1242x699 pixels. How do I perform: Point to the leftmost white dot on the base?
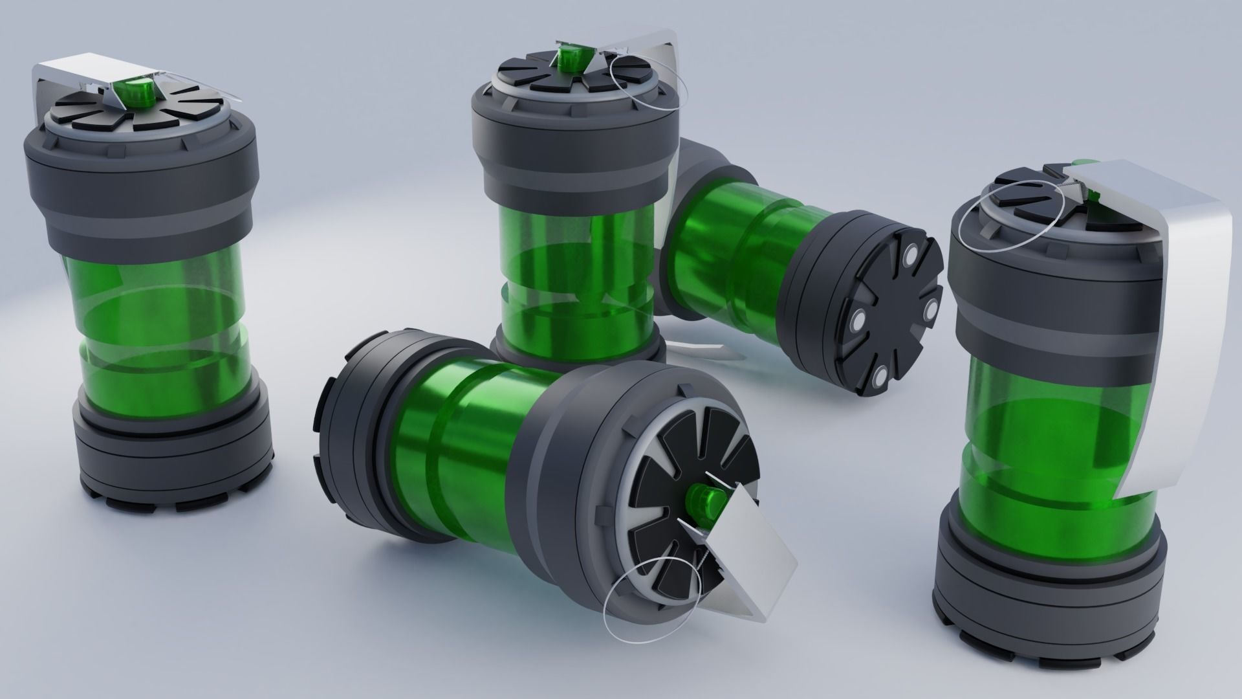pos(858,319)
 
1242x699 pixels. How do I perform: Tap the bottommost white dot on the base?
pos(879,375)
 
